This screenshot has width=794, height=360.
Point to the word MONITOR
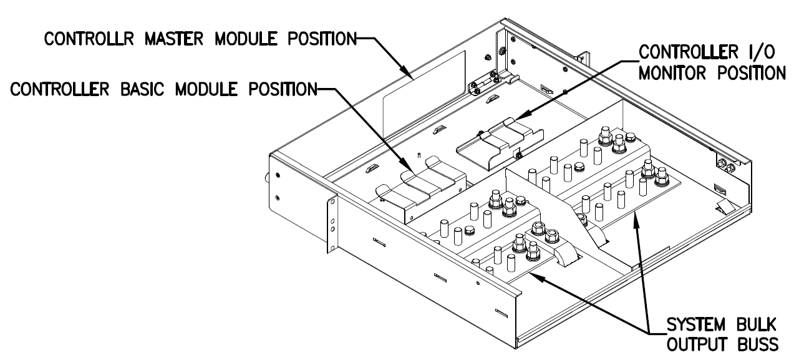pos(679,72)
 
